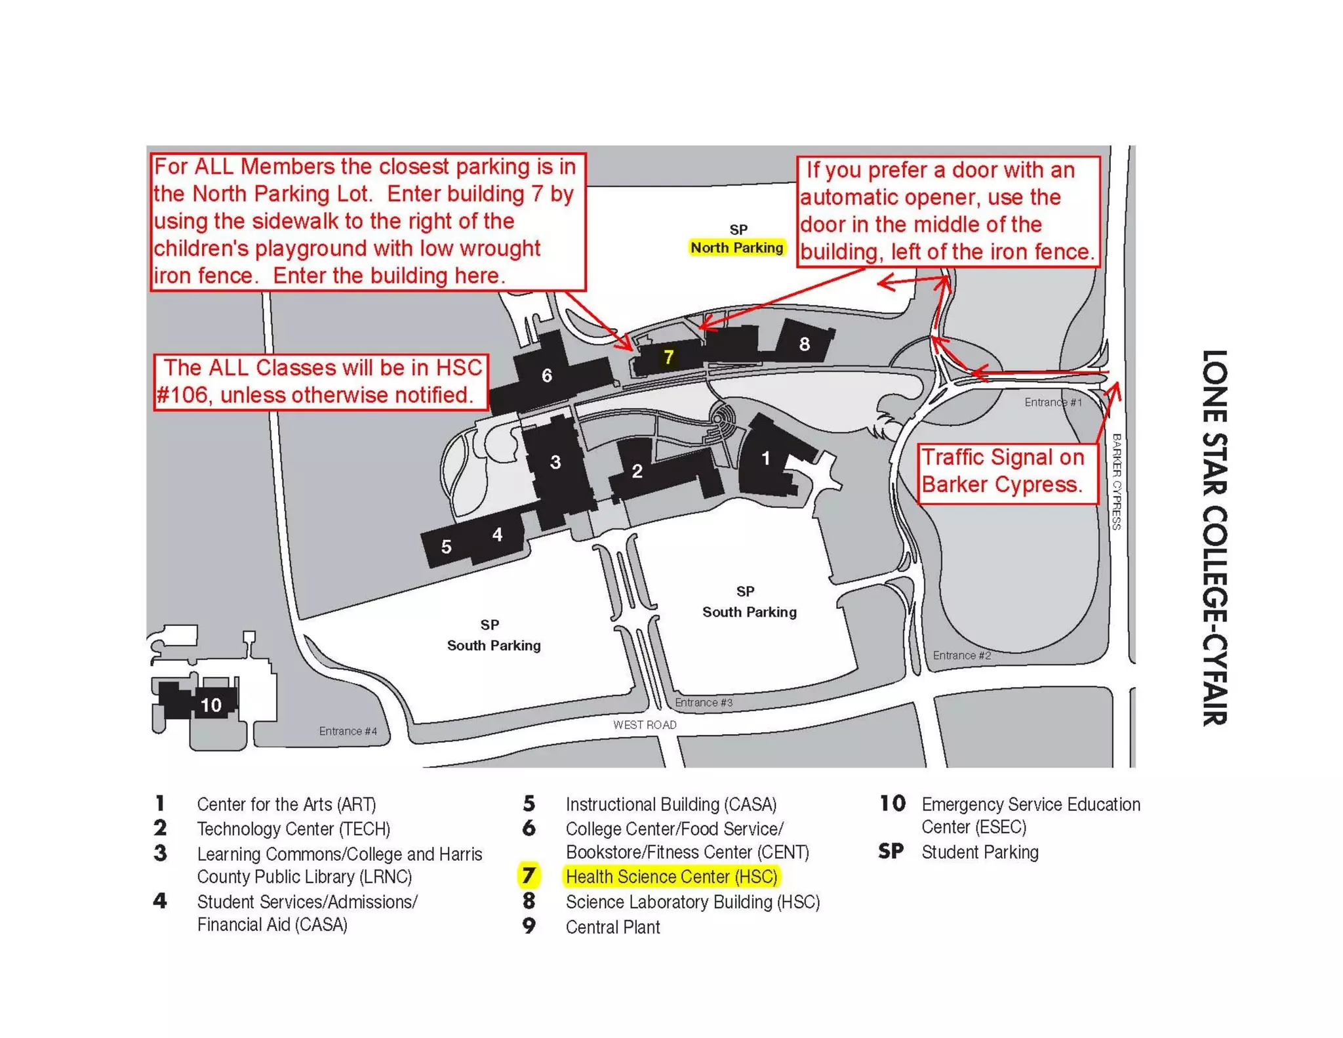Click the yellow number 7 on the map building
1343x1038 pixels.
tap(668, 357)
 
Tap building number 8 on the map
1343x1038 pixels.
tap(804, 344)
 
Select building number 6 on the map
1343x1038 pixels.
tap(546, 375)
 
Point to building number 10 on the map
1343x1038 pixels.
tap(210, 705)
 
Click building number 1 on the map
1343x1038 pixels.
tap(765, 459)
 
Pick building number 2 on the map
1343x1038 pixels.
tap(637, 471)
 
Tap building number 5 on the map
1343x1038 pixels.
tap(446, 547)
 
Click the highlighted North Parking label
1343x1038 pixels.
tap(736, 247)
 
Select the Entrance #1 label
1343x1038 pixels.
tap(1052, 402)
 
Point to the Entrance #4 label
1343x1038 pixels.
tap(348, 731)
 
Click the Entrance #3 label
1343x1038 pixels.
tap(704, 702)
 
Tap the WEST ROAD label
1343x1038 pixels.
tap(644, 724)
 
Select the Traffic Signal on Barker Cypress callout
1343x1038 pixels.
tap(1007, 471)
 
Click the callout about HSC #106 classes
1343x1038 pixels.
tap(321, 381)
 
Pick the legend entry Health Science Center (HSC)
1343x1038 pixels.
tap(671, 877)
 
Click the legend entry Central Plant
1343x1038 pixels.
tap(612, 927)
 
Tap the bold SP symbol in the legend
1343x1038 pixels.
tap(891, 852)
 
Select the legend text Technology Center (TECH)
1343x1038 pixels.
tap(293, 829)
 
